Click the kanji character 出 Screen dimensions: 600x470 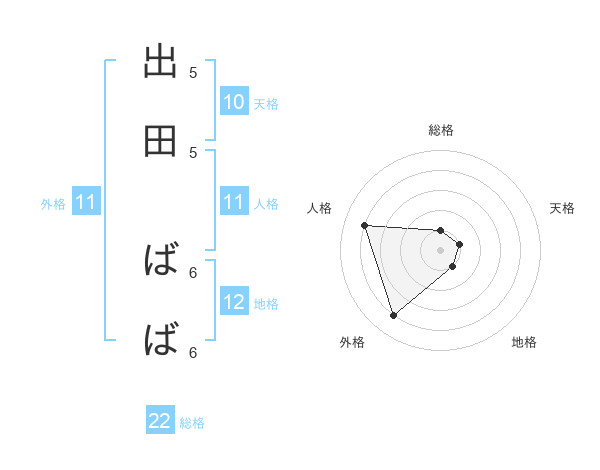point(161,62)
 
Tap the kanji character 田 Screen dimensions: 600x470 point(161,142)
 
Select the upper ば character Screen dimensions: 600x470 point(161,262)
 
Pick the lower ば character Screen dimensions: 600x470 point(161,341)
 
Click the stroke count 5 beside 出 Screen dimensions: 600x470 point(193,73)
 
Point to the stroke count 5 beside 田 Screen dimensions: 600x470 point(193,153)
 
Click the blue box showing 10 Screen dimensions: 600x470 point(234,102)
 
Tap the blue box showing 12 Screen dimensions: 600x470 point(234,302)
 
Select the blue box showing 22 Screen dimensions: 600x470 point(160,421)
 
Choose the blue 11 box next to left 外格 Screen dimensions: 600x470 point(86,203)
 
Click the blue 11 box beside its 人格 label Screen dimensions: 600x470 point(234,203)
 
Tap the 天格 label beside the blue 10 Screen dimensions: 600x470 point(266,104)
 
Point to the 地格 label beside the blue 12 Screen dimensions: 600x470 point(266,304)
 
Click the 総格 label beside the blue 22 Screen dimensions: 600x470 point(192,423)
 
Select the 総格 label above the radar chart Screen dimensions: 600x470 point(441,130)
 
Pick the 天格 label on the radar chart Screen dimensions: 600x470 point(563,208)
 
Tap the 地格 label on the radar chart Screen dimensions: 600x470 point(524,342)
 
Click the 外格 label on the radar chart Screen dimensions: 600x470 point(352,342)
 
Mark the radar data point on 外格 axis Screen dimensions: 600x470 point(393,316)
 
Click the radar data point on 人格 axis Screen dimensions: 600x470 point(365,225)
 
